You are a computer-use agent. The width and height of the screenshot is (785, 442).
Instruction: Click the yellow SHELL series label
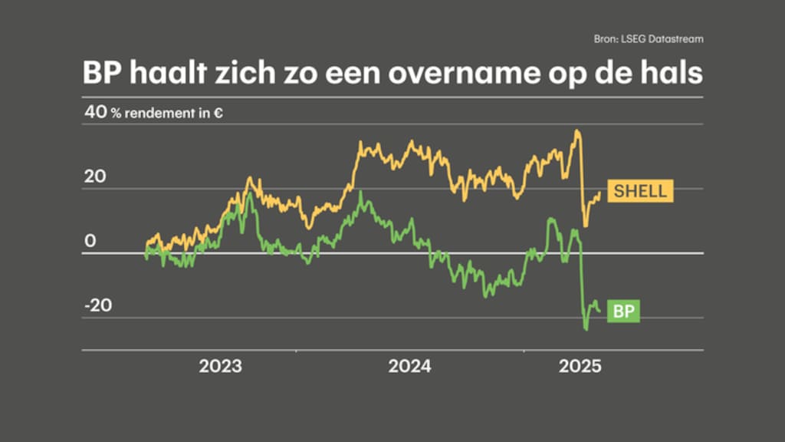(640, 191)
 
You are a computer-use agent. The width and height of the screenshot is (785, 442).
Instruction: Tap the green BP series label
(624, 311)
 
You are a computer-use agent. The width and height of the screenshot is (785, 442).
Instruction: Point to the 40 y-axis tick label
(95, 112)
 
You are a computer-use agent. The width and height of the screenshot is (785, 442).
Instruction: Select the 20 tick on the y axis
(95, 176)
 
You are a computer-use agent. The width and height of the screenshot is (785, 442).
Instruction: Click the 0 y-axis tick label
(90, 241)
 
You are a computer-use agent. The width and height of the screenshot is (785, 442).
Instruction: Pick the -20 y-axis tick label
(97, 305)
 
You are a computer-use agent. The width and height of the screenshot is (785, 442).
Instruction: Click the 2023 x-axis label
(220, 366)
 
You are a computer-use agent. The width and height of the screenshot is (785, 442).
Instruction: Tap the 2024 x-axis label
(409, 366)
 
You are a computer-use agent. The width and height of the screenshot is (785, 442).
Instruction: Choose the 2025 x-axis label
(580, 366)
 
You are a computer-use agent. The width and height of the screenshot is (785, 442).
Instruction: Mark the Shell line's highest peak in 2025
(576, 131)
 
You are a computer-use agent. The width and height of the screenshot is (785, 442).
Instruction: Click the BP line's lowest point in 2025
(586, 329)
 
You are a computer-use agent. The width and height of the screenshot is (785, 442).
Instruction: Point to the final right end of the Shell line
(599, 193)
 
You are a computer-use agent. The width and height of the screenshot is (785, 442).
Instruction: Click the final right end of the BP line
(599, 311)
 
